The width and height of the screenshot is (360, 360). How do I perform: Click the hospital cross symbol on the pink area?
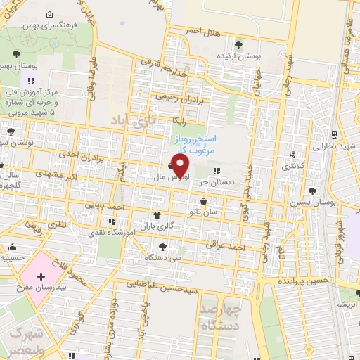41,276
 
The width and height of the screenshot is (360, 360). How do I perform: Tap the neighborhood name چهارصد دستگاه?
219,318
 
